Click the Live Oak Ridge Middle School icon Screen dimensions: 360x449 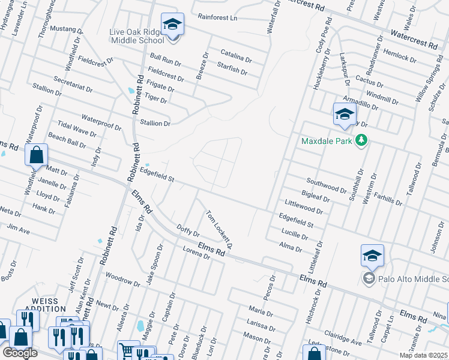[173, 25]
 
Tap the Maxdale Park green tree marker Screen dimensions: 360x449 [361, 141]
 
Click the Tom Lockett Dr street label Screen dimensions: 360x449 [219, 230]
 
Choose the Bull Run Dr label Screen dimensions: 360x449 [166, 59]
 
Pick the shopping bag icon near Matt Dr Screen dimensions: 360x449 [37, 155]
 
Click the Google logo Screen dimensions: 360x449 [20, 353]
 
